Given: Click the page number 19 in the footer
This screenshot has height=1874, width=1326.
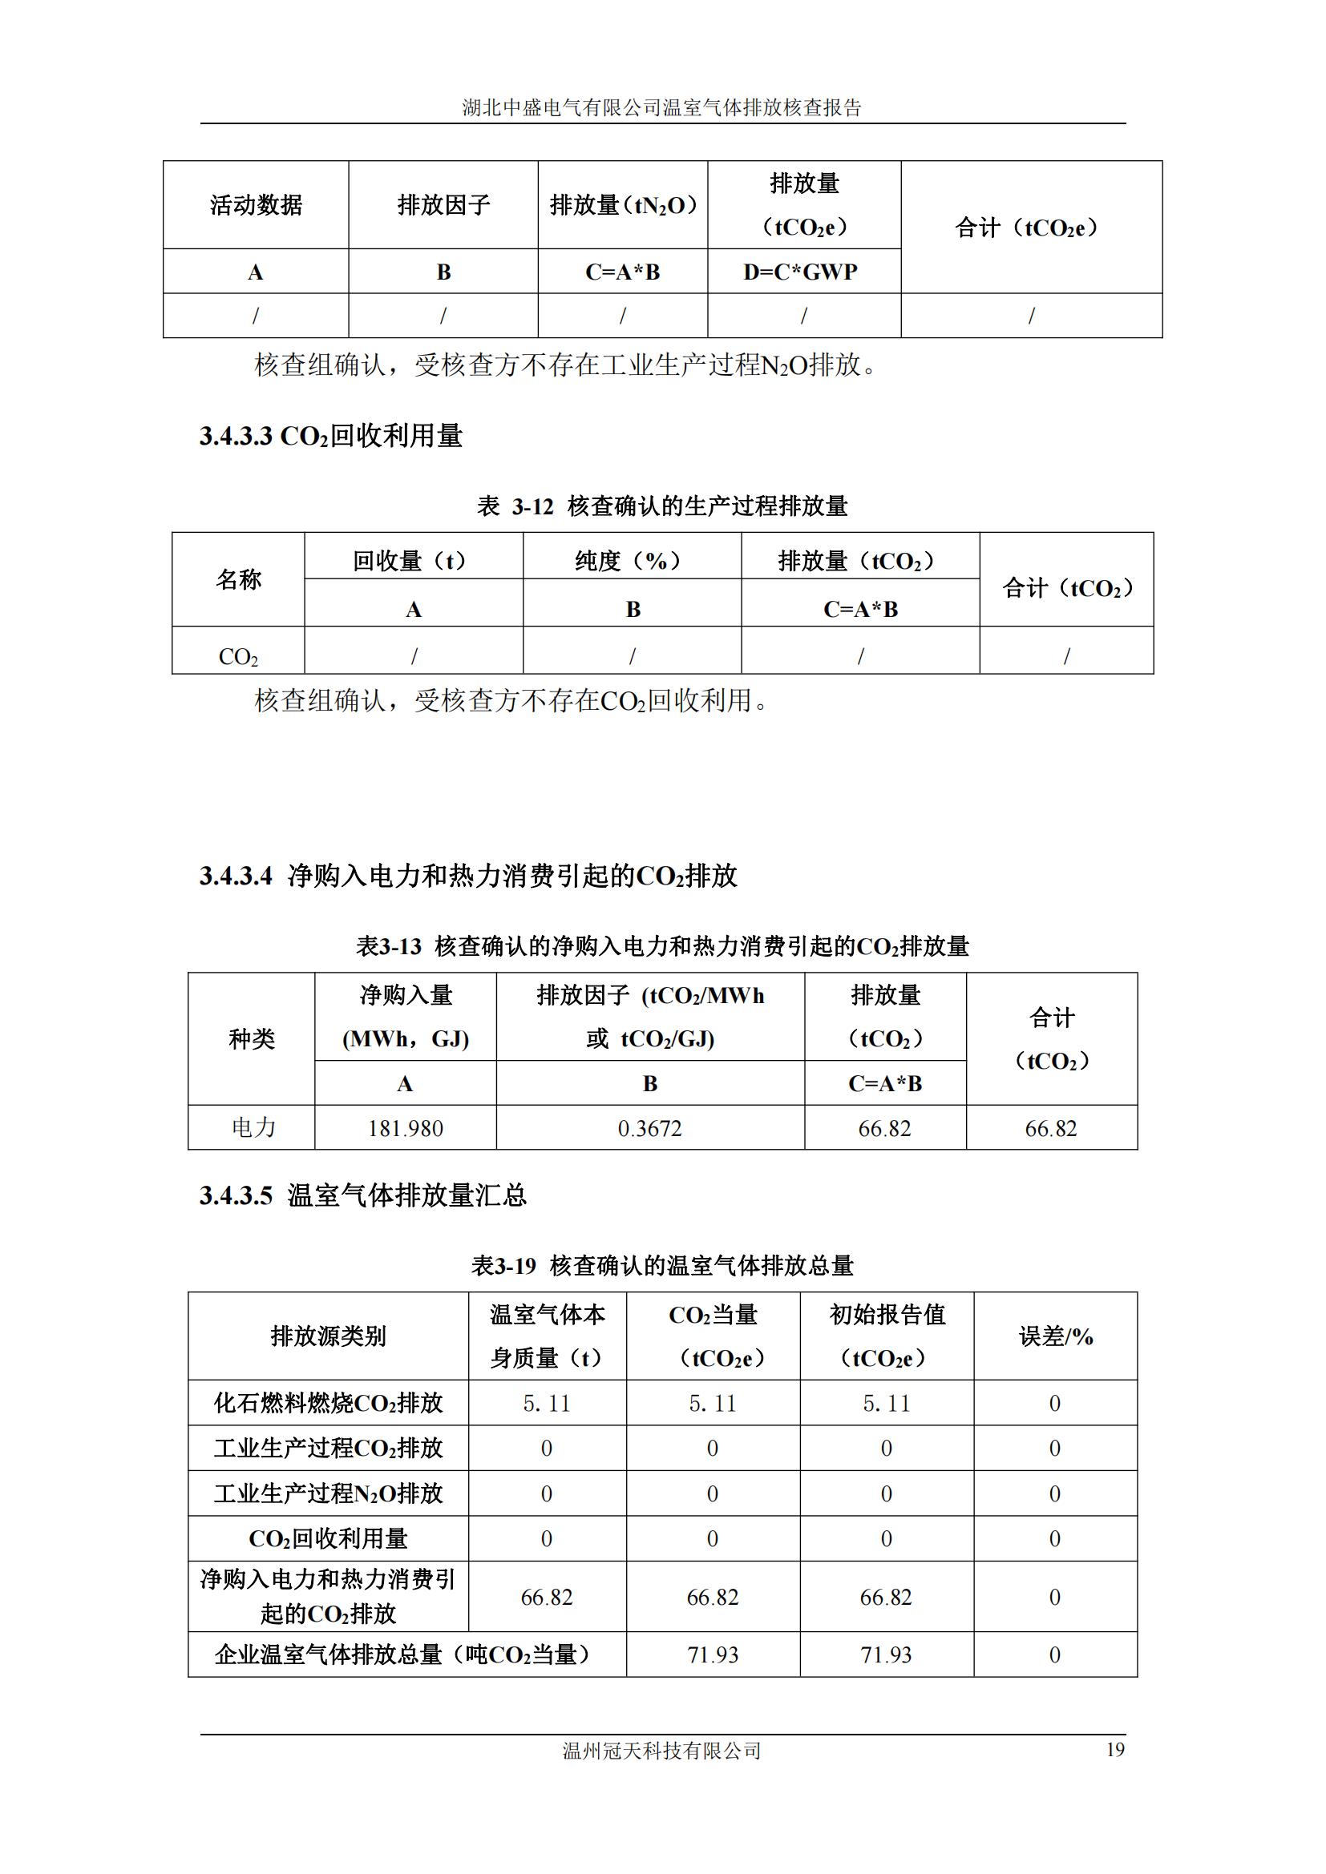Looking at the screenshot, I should coord(1114,1749).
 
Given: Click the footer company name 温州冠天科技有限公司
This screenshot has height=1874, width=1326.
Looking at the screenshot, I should coord(662,1751).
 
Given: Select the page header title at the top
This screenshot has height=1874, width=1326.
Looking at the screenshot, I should coord(662,107).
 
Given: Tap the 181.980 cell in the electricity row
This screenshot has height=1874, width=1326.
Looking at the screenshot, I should coord(405,1128).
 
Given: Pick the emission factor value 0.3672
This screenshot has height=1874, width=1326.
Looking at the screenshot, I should coord(650,1128).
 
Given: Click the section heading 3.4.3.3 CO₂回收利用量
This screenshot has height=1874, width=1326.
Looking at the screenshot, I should coord(330,436).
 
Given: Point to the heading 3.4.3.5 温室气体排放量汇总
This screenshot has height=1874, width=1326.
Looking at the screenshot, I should coord(363,1195).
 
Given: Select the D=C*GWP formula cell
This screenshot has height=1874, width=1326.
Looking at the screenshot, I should coord(800,272).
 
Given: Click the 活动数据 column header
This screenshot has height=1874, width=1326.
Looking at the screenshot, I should coord(256,205).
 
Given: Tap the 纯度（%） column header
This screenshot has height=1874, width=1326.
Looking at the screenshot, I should coord(632,561).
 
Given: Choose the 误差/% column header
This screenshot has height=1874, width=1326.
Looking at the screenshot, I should coord(1055,1336).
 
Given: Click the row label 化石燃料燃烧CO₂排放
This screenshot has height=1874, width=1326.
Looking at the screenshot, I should coord(328,1403).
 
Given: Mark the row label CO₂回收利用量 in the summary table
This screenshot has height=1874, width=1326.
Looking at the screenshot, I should coord(328,1538).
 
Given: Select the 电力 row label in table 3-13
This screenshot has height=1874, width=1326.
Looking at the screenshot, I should coord(253,1128).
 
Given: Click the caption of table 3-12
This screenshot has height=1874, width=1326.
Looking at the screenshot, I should coord(662,506).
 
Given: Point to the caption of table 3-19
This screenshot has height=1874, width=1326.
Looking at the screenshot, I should coord(662,1266).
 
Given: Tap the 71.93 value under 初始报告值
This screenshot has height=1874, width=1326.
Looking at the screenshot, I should coord(886,1654).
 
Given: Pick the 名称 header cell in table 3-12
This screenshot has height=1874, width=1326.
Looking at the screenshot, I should coord(238,579).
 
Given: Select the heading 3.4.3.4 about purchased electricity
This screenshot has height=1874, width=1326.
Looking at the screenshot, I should coord(469,876).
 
